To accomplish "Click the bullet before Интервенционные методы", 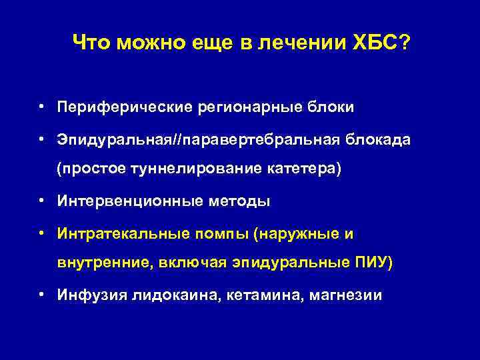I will (x=41, y=201).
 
